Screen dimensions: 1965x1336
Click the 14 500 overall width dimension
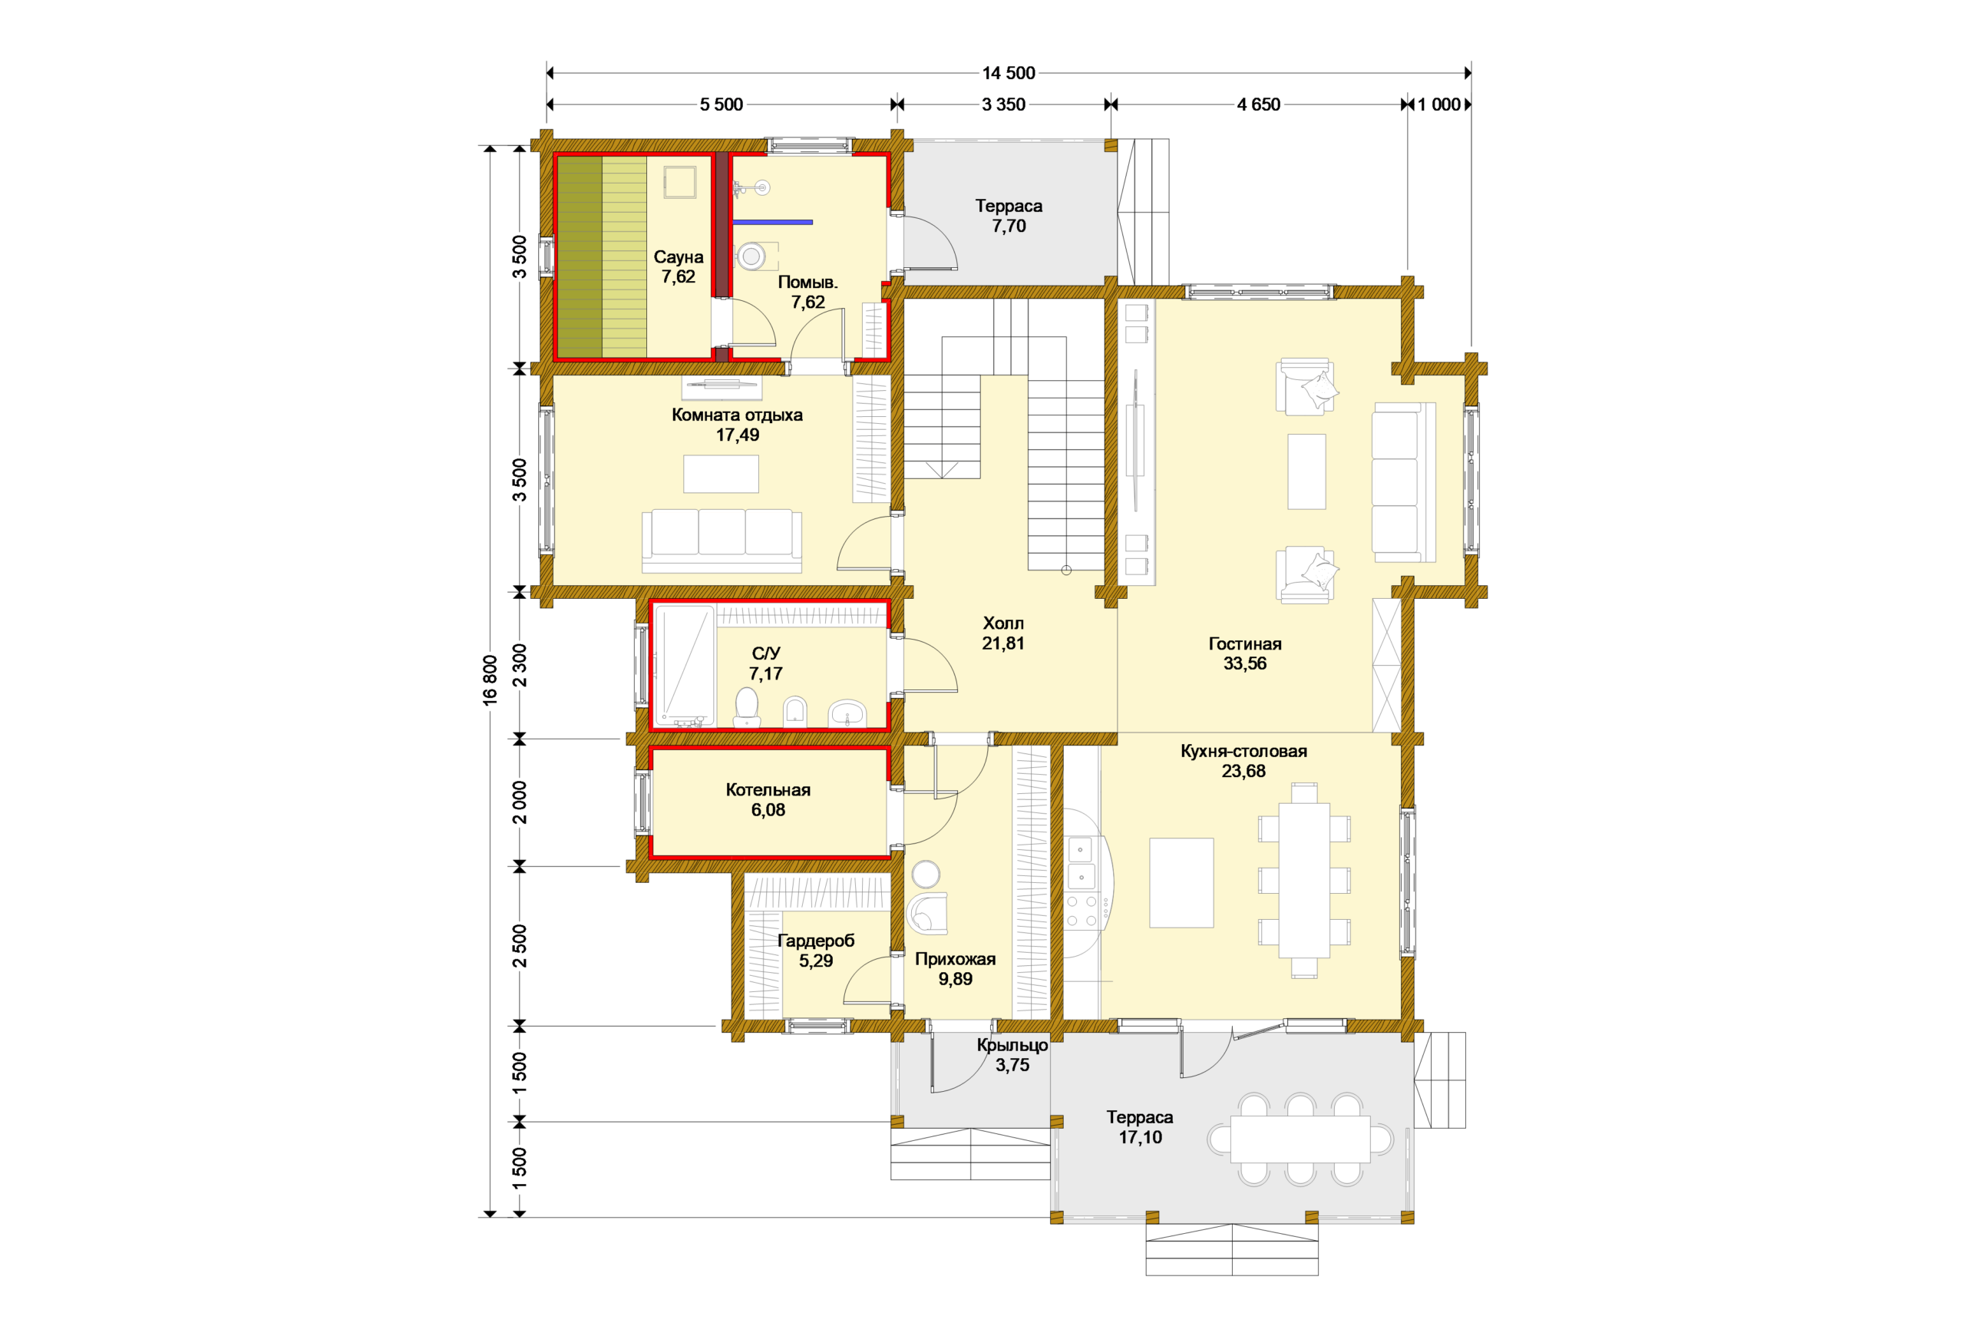click(1008, 73)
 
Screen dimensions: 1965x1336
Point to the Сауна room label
click(678, 256)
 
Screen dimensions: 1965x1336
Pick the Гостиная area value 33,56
click(1244, 663)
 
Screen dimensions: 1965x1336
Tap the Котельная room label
click(768, 790)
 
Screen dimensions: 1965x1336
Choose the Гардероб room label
click(816, 941)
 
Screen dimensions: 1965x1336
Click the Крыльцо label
click(1012, 1045)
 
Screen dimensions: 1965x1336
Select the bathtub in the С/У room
click(685, 665)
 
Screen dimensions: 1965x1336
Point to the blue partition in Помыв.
click(773, 223)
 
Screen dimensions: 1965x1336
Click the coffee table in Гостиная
click(1306, 472)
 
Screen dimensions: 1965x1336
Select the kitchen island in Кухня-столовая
click(1181, 883)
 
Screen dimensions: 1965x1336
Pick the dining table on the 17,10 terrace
click(1300, 1139)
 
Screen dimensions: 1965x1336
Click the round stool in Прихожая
click(926, 874)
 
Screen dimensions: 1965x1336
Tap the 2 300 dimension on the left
click(519, 665)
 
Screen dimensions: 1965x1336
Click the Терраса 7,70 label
click(1009, 216)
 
